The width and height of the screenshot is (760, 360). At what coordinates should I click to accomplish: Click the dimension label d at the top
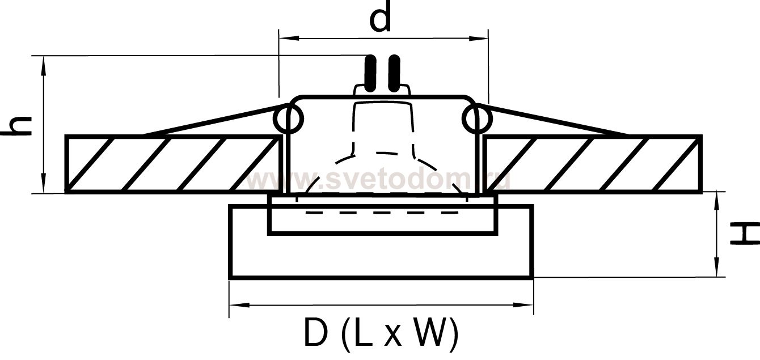click(381, 17)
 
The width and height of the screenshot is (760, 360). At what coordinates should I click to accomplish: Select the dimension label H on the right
click(744, 234)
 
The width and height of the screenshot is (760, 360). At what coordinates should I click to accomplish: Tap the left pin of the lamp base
click(370, 74)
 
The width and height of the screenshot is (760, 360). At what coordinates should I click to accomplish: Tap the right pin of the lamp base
click(394, 74)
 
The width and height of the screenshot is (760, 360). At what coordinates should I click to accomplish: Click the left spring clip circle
click(288, 118)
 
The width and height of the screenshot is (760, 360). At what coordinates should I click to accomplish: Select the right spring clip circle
click(476, 118)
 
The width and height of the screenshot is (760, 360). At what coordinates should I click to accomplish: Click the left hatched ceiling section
click(173, 164)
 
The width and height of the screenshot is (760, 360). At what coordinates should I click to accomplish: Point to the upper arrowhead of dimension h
click(44, 65)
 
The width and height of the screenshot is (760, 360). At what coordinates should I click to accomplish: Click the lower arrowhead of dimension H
click(716, 268)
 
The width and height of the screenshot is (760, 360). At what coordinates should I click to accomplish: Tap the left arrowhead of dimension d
click(288, 39)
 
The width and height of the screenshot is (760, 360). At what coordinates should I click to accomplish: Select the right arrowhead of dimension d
click(478, 39)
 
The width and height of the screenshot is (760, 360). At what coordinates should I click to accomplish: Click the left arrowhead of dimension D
click(239, 305)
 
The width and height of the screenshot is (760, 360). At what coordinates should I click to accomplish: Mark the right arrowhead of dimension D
click(523, 305)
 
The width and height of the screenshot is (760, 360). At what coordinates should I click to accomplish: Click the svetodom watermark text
click(378, 180)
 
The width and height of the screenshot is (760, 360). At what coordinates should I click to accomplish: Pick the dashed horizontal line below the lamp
click(382, 213)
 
